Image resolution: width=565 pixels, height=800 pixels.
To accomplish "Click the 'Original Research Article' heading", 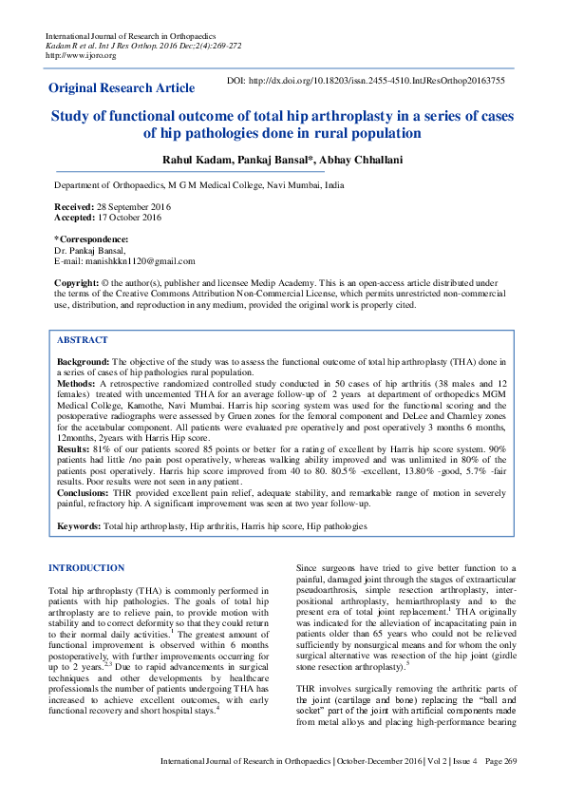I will click(x=122, y=88).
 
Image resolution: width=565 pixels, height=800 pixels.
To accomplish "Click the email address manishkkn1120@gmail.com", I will click(x=139, y=260).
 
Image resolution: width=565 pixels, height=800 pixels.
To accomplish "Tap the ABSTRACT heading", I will click(x=83, y=340).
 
